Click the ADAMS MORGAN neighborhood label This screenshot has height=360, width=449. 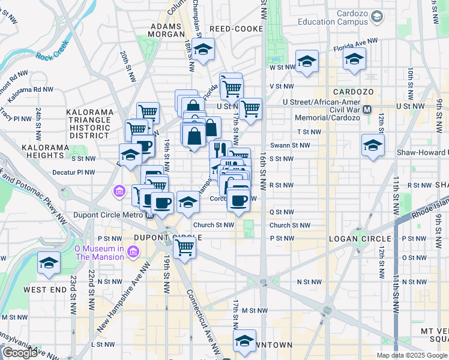tap(165, 31)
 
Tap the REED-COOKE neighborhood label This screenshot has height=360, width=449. tap(236, 29)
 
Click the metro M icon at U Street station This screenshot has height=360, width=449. tap(367, 110)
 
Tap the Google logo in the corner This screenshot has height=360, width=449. tap(20, 353)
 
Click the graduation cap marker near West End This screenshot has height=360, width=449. tap(49, 263)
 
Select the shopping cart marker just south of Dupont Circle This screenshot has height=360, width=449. tap(184, 245)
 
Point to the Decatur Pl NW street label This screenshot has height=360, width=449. tap(73, 172)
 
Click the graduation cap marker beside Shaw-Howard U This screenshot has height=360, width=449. tap(373, 145)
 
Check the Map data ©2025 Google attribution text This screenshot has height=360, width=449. tap(412, 355)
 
